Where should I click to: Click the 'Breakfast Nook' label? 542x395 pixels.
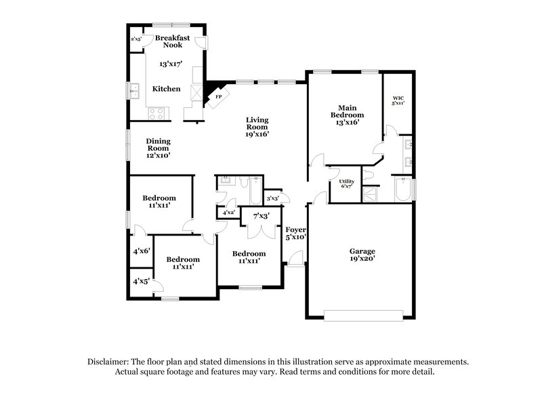coord(171,41)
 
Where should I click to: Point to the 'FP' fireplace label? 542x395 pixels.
coord(218,97)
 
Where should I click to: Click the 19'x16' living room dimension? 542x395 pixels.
coord(257,134)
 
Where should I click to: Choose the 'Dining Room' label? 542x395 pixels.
coord(158,144)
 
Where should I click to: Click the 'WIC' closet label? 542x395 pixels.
coord(398,99)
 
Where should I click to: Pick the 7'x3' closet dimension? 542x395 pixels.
coord(261,216)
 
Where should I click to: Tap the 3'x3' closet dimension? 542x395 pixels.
coord(273,198)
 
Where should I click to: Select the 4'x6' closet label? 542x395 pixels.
coord(141,250)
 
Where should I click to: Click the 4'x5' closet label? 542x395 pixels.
coord(141,280)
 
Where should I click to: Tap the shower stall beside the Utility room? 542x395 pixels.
coord(370,194)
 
